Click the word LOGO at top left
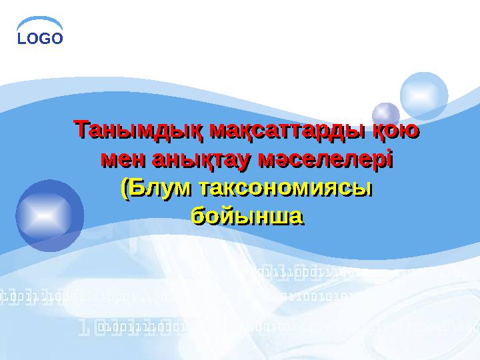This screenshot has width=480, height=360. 40,39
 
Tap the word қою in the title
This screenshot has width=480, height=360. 395,129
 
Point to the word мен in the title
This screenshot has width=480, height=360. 123,159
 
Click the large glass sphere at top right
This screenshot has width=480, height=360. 424,97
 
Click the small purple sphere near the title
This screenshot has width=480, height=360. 385,115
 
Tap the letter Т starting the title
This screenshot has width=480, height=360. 80,129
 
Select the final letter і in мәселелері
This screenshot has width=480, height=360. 389,159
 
